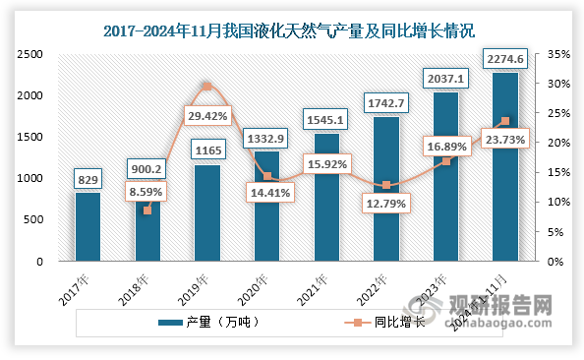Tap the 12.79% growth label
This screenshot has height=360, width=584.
pyautogui.click(x=385, y=205)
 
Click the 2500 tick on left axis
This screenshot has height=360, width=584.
pyautogui.click(x=31, y=54)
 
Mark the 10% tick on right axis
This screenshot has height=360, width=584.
pyautogui.click(x=555, y=203)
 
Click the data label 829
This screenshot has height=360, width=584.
pyautogui.click(x=88, y=180)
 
